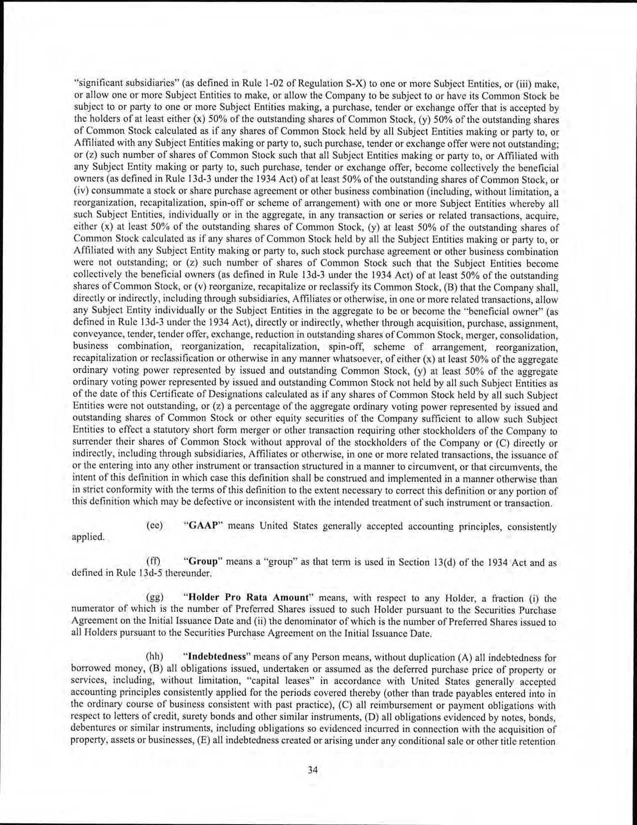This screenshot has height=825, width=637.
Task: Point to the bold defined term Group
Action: click(x=203, y=561)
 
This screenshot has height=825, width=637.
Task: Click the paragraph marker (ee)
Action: click(x=154, y=526)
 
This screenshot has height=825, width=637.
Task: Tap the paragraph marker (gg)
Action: click(x=154, y=597)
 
